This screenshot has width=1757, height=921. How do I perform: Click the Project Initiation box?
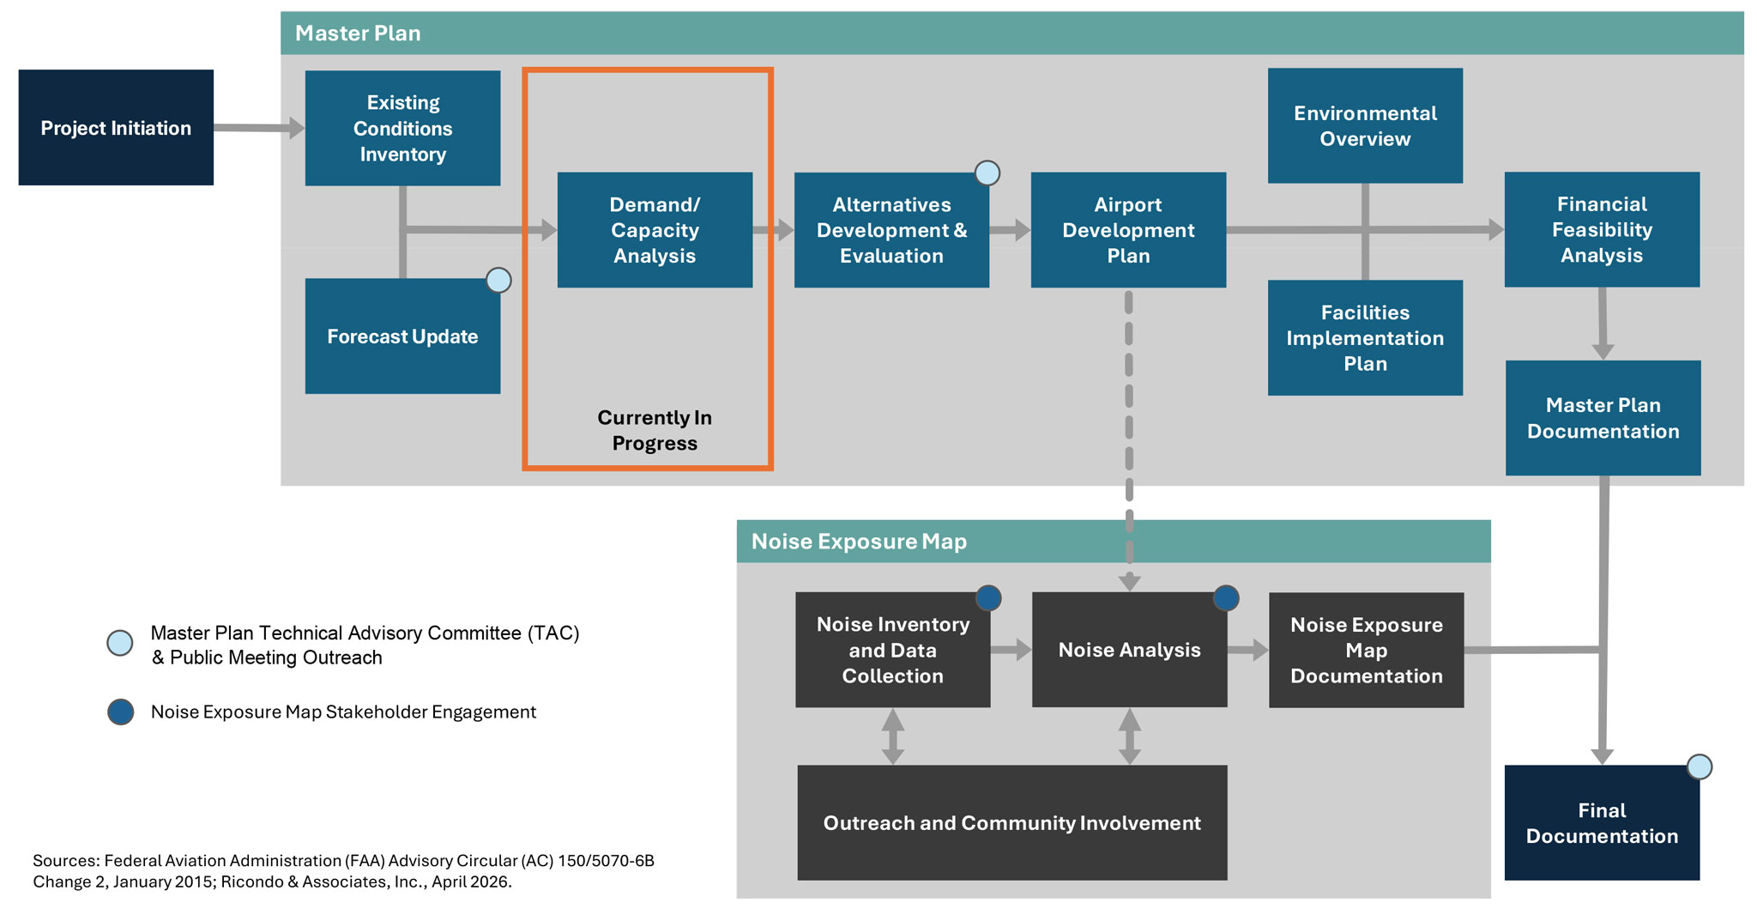coord(116,128)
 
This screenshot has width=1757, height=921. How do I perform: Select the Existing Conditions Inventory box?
coord(402,128)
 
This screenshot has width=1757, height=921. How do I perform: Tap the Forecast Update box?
coord(402,336)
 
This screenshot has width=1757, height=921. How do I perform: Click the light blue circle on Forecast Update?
coord(498,281)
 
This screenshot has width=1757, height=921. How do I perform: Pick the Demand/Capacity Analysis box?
coord(655,230)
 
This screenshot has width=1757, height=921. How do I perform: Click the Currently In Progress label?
coord(655,430)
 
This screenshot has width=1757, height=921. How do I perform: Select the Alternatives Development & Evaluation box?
coord(891,230)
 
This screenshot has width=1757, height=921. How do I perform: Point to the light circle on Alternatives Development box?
coord(987,173)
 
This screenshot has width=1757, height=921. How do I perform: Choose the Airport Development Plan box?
coord(1128,230)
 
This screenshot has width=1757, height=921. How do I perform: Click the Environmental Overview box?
coord(1365,126)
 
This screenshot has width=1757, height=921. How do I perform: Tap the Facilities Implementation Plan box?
coord(1365,337)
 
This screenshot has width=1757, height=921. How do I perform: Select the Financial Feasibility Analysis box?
coord(1602,229)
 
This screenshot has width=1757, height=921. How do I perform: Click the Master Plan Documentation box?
coord(1603,418)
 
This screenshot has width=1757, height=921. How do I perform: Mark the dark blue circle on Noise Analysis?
coord(1226,597)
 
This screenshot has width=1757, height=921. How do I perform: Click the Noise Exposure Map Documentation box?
coord(1366,650)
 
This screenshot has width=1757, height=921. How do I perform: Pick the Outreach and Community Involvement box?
coord(1012,822)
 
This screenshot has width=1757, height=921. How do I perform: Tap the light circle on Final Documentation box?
coord(1699,766)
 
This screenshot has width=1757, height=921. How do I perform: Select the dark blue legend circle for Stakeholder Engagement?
coord(121,712)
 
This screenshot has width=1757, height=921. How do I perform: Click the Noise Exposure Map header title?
coord(859,542)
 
